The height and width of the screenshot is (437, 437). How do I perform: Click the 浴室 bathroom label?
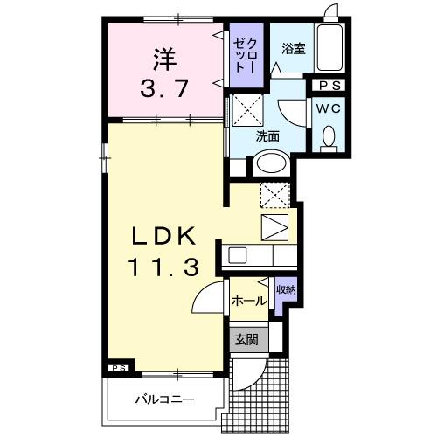point(292,51)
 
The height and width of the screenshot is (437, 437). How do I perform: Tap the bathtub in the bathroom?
point(330,49)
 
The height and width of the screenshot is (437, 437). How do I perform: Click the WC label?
point(329,108)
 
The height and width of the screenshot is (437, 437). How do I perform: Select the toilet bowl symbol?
point(329,137)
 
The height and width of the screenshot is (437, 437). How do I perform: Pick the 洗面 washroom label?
point(267,136)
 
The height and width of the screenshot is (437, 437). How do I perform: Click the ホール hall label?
point(249,301)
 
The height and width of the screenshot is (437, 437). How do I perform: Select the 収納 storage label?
point(285,289)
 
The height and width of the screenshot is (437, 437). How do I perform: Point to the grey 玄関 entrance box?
point(246,339)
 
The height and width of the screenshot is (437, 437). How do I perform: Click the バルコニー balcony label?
point(163,400)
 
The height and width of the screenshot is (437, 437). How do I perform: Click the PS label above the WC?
point(329,85)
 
